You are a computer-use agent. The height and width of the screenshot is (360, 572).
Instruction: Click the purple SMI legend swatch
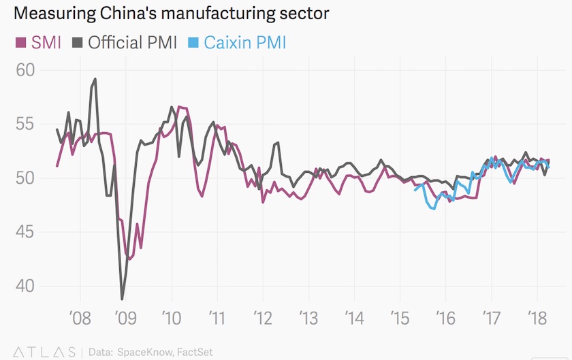click(21, 43)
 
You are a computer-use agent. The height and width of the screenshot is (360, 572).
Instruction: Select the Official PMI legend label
click(132, 43)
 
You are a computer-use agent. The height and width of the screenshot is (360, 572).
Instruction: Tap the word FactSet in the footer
click(193, 352)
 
